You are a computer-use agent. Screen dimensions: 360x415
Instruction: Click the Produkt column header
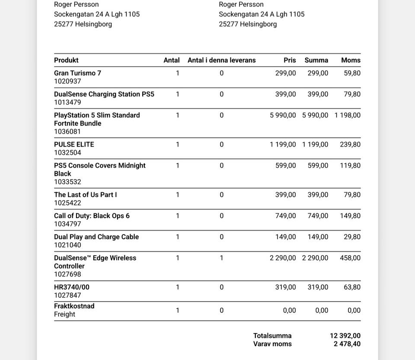(x=66, y=60)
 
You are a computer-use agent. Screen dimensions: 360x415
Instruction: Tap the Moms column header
(x=351, y=60)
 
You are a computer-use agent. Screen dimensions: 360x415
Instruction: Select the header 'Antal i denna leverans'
(x=221, y=60)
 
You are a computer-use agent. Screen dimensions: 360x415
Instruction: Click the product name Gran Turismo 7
(x=77, y=73)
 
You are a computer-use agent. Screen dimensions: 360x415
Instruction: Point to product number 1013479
(x=67, y=103)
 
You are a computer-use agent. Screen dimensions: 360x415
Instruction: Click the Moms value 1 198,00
(x=347, y=115)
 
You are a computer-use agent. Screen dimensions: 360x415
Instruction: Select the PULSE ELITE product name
(x=74, y=145)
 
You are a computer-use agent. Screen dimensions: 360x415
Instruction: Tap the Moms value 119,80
(x=350, y=165)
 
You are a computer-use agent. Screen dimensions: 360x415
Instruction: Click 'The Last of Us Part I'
(x=85, y=195)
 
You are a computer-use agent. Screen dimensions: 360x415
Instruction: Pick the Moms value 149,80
(x=350, y=215)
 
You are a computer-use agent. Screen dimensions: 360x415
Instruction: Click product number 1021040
(x=67, y=245)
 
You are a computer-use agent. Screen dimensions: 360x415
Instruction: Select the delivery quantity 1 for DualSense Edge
(x=221, y=258)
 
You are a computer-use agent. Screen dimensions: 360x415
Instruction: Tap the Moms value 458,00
(x=350, y=258)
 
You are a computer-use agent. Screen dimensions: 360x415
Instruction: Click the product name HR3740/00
(x=72, y=287)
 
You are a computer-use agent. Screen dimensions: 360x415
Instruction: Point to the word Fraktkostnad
(x=74, y=306)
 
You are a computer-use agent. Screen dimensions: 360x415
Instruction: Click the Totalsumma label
(x=272, y=336)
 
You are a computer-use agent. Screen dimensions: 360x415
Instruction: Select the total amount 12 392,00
(x=345, y=336)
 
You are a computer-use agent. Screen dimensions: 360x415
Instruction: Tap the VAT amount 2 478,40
(x=347, y=344)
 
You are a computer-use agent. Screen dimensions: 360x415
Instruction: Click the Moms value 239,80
(x=350, y=145)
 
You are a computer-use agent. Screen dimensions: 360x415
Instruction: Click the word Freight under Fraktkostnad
(x=64, y=315)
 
